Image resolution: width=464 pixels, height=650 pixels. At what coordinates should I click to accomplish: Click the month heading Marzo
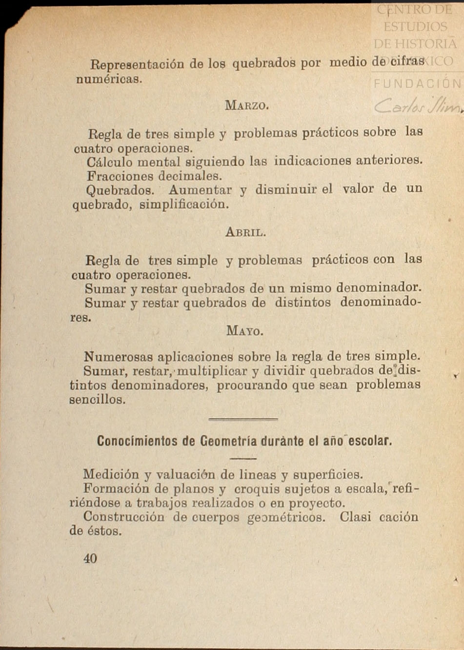click(x=246, y=105)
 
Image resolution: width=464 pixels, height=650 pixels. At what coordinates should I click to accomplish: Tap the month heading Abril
click(x=245, y=232)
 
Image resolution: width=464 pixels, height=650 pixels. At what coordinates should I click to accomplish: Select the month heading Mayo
click(x=244, y=331)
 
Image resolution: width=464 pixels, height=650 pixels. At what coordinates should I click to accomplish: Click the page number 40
click(x=90, y=559)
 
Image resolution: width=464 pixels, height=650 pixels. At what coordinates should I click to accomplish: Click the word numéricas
click(x=109, y=79)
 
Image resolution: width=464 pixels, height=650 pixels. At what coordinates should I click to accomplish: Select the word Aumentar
click(x=200, y=189)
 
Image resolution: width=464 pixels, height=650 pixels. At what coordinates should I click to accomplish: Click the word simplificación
click(x=184, y=204)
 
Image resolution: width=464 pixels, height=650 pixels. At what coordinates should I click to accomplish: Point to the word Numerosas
click(x=118, y=357)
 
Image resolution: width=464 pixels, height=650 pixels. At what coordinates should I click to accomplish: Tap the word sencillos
click(x=97, y=400)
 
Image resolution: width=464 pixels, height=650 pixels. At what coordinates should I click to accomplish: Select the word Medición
click(x=111, y=474)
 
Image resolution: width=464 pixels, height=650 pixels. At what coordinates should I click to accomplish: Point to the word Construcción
click(x=124, y=517)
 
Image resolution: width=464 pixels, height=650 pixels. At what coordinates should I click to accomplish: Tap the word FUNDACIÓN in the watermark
click(x=417, y=83)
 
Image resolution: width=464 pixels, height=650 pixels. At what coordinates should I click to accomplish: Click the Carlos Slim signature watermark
click(x=417, y=105)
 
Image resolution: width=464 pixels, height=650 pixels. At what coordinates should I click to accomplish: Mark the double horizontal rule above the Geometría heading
click(x=243, y=419)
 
